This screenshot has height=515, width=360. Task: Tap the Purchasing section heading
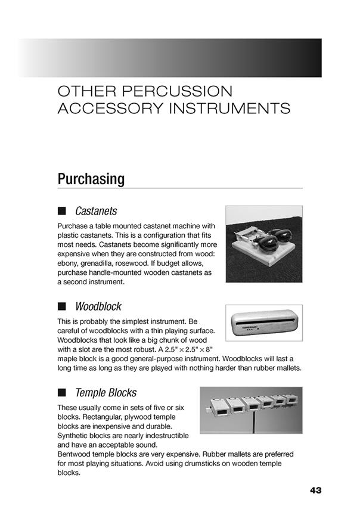(91, 179)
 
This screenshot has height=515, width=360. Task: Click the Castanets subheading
(96, 212)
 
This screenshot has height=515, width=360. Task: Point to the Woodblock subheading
(98, 307)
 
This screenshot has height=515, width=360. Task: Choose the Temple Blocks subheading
(105, 393)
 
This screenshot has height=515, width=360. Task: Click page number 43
(315, 491)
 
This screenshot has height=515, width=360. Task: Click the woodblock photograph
(263, 322)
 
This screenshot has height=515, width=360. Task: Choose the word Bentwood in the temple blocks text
(76, 454)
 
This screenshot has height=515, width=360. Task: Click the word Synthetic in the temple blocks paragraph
(75, 435)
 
